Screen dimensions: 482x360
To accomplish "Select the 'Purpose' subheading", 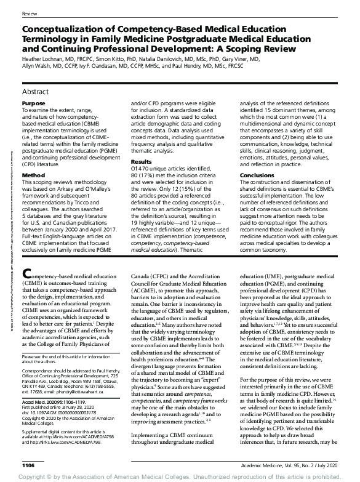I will (x=33, y=104).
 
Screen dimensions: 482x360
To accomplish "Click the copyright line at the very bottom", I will (x=180, y=476).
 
